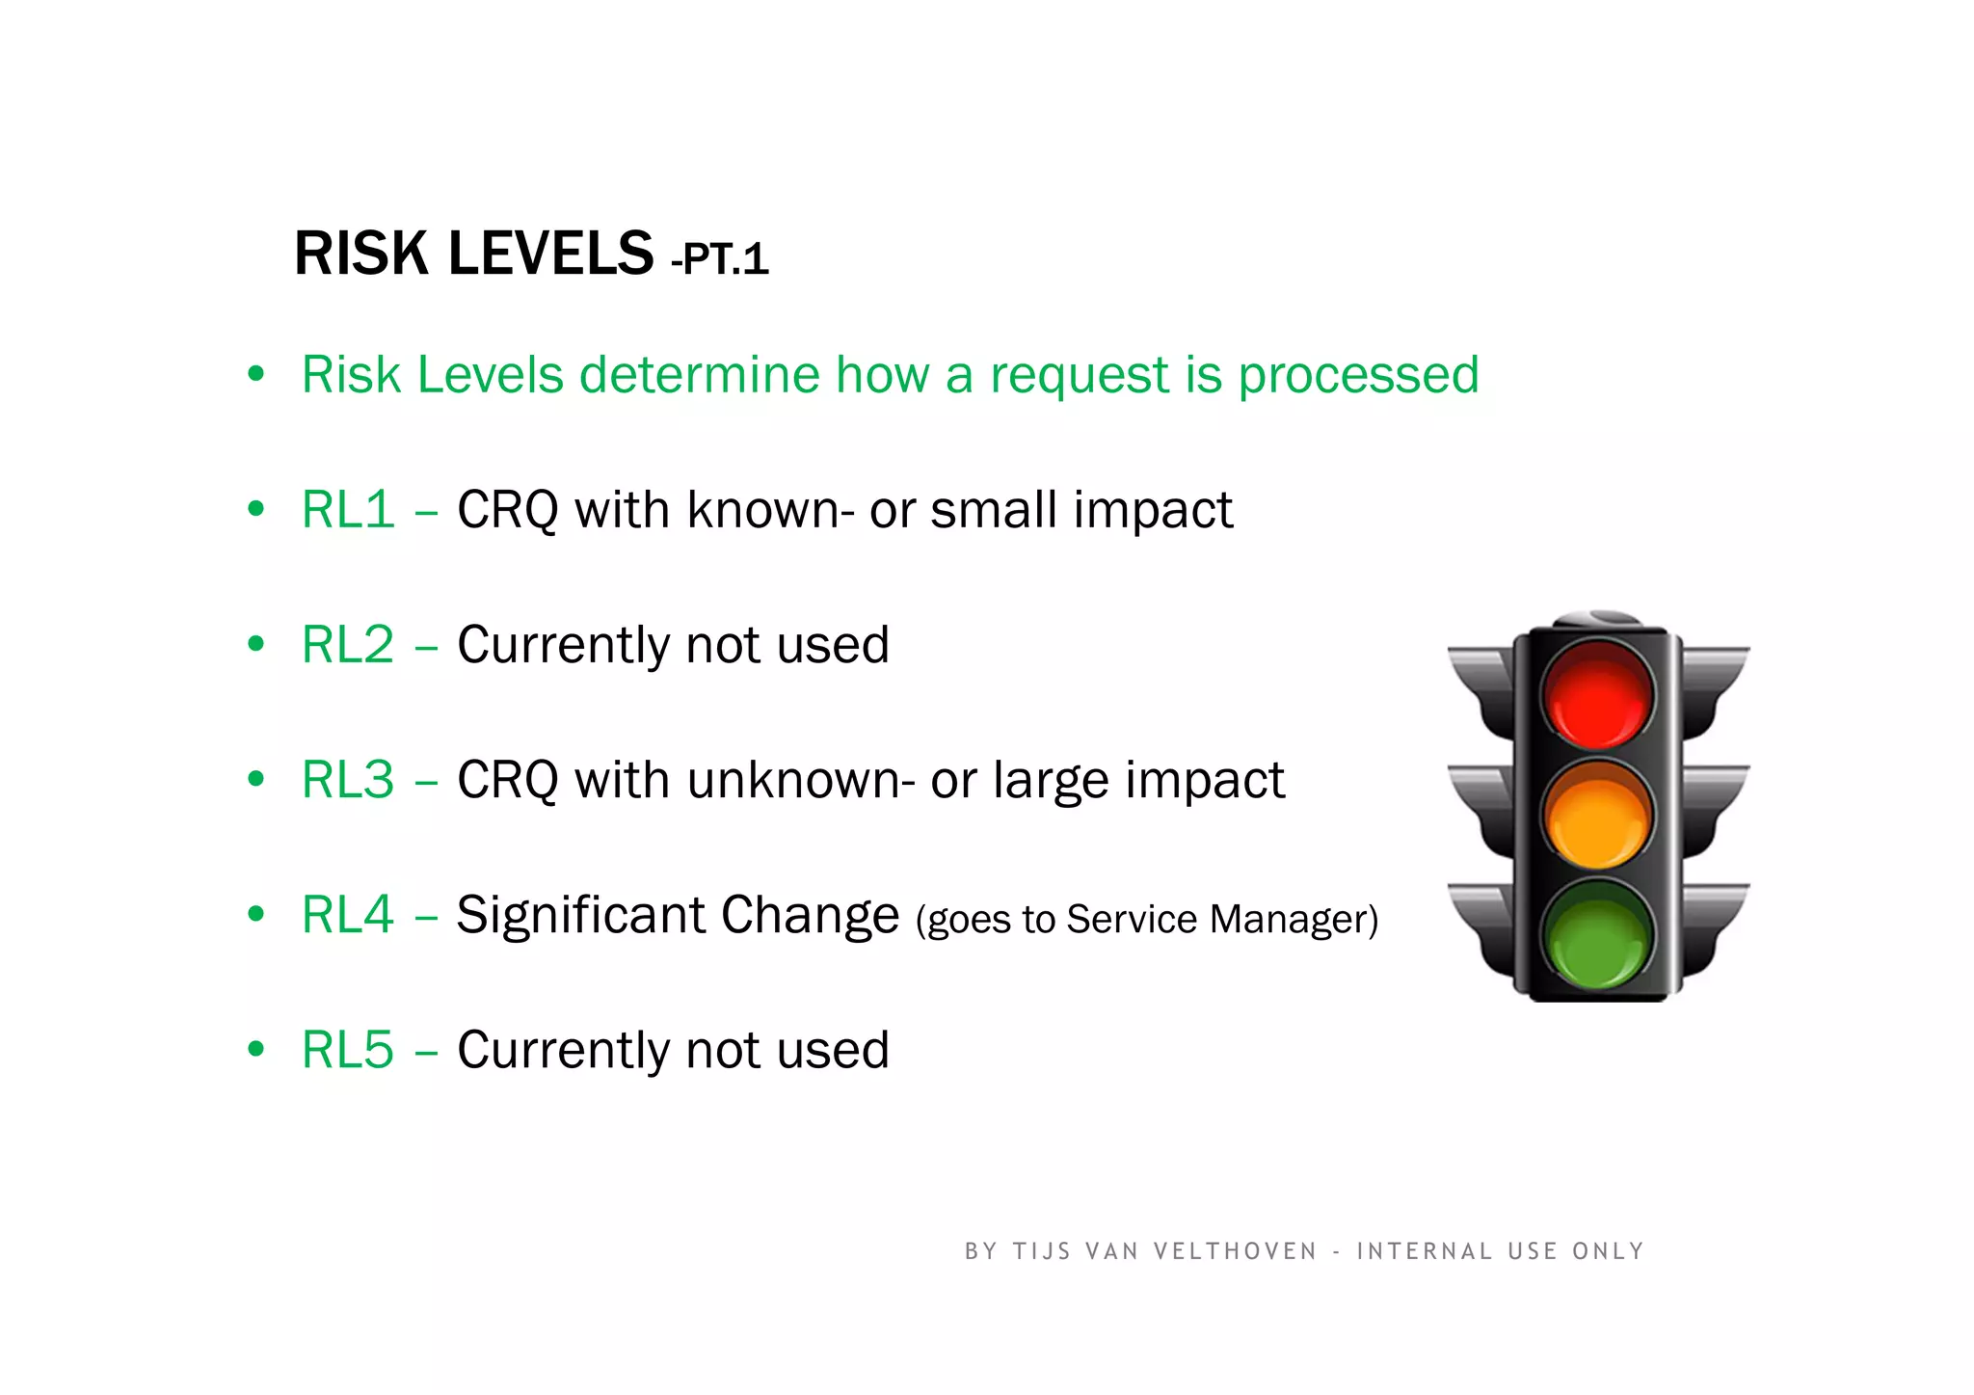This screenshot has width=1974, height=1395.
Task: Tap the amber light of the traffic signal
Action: (x=1597, y=816)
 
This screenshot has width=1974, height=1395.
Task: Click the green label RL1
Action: (x=348, y=509)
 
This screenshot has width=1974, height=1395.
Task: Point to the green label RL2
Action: (x=348, y=644)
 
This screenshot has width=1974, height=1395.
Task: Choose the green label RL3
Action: (x=348, y=779)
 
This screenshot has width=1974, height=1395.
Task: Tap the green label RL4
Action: (x=348, y=914)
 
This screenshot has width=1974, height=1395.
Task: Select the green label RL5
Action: (x=348, y=1049)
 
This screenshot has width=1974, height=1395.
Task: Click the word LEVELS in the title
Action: (x=550, y=254)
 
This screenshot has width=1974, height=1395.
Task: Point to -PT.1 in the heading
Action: (x=720, y=259)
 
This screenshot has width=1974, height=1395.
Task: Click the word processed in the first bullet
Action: (x=1358, y=376)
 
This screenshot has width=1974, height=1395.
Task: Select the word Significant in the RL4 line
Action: (x=580, y=916)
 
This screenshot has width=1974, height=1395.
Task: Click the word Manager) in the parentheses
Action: (x=1294, y=920)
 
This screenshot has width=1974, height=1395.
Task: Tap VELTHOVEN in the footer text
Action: (x=1235, y=1251)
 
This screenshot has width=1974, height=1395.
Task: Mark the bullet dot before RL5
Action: (x=255, y=1049)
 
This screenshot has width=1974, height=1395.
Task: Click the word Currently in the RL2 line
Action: (x=563, y=646)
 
